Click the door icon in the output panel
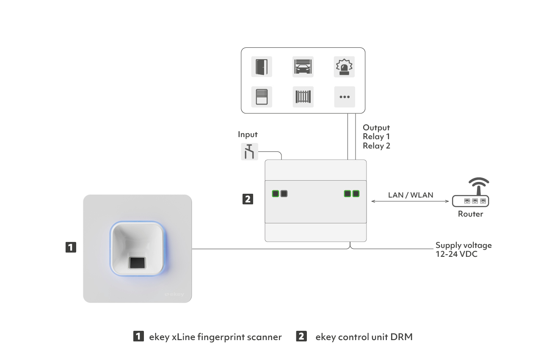coord(262,67)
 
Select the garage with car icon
coord(303,67)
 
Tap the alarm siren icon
coord(344,67)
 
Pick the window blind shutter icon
coord(262,97)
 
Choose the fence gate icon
coord(303,97)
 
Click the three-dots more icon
coord(345,97)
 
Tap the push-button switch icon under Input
coord(249,151)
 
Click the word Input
coord(248,135)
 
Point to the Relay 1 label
coord(376,137)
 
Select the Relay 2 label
coord(376,146)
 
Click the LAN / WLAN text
coord(411,195)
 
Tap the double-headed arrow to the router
coord(410,201)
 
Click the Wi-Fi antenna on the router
coord(479,186)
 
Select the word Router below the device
coord(470,214)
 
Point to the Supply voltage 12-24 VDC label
coord(463,250)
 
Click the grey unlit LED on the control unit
coord(284,194)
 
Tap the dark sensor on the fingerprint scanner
coord(137,263)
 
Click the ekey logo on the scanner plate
coord(174,294)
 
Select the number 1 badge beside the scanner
coord(71,247)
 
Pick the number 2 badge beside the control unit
coord(248,199)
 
